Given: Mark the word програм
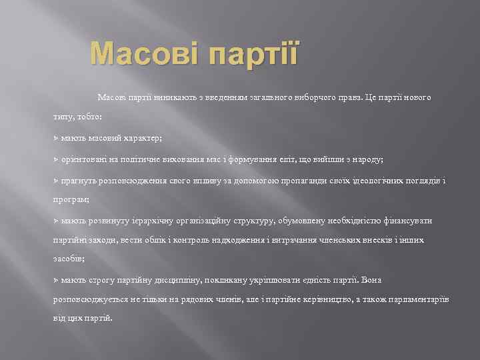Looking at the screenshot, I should click(71, 199).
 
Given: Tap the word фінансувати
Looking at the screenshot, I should click(408, 220).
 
